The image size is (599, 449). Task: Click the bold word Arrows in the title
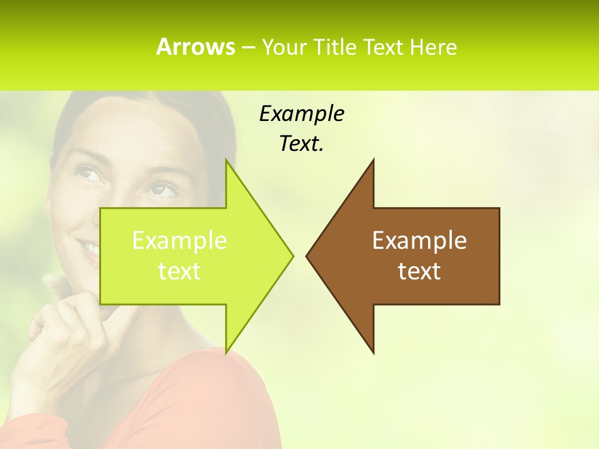pos(195,47)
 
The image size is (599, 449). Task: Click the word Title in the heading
pos(336,47)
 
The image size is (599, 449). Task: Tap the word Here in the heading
pos(433,47)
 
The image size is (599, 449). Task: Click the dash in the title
pos(248,47)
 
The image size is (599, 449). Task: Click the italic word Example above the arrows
pos(301,113)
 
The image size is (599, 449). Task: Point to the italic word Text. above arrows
pos(301,144)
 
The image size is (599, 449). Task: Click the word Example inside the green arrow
pos(179,240)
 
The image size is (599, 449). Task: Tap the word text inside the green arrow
pos(179,271)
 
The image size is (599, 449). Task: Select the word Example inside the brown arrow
pos(419,240)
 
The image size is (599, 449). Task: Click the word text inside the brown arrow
pos(419,271)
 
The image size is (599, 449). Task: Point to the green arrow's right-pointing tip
pos(291,255)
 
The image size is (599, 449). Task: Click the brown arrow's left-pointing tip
pos(308,255)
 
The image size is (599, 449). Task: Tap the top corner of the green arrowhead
pos(226,160)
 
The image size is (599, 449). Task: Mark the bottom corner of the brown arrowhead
pos(373,352)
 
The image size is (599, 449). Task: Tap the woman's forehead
pos(131,128)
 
